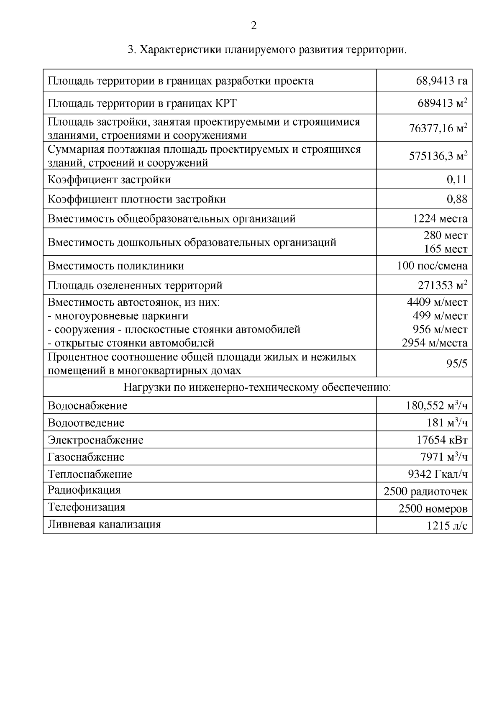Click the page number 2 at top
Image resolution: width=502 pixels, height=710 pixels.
pyautogui.click(x=254, y=26)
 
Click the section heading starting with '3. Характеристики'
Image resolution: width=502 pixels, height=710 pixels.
pyautogui.click(x=267, y=50)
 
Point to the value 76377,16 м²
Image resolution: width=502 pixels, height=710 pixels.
pyautogui.click(x=438, y=128)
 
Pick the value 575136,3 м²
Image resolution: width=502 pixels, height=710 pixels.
pyautogui.click(x=438, y=156)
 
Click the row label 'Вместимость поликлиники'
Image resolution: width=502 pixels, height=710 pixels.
pyautogui.click(x=116, y=266)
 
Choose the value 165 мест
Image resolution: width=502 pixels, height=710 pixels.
pyautogui.click(x=446, y=249)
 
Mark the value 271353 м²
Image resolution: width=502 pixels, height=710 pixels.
pyautogui.click(x=442, y=286)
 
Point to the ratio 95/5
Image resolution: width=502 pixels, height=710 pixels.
pyautogui.click(x=457, y=364)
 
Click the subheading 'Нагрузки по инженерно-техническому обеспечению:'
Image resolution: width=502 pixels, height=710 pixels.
pyautogui.click(x=257, y=387)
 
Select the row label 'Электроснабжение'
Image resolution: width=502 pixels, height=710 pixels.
pyautogui.click(x=95, y=440)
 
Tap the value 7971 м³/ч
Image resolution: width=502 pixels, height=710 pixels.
pyautogui.click(x=443, y=457)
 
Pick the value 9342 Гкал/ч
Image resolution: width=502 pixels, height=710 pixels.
pyautogui.click(x=437, y=474)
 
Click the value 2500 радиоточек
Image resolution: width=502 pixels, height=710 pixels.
pyautogui.click(x=425, y=492)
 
